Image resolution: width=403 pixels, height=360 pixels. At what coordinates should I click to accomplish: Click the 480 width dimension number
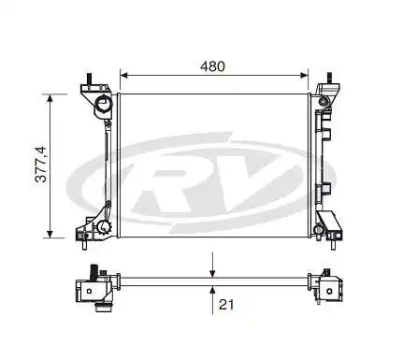[213, 66]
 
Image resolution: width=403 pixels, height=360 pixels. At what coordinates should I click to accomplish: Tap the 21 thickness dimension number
[225, 304]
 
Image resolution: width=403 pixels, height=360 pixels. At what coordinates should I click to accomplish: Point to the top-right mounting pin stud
[330, 79]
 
